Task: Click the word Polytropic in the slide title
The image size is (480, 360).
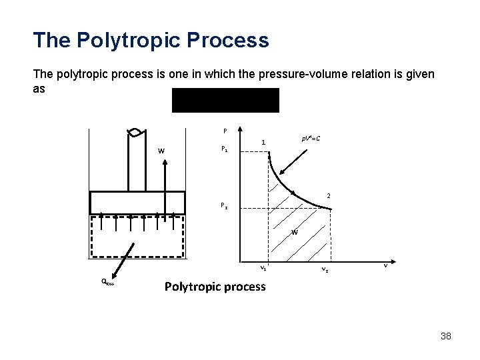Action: click(128, 40)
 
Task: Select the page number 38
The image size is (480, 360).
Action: click(446, 336)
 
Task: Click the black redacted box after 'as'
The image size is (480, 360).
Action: click(225, 100)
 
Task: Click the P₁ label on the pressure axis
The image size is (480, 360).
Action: click(225, 150)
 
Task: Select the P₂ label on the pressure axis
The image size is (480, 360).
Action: click(225, 205)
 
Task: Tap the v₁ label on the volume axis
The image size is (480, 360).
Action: click(264, 268)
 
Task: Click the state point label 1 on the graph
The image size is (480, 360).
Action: click(264, 142)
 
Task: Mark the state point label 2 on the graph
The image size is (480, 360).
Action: click(329, 195)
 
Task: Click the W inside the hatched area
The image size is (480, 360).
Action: click(293, 232)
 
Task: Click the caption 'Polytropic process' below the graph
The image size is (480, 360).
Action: click(214, 287)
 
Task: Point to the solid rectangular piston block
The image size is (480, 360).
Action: click(138, 203)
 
